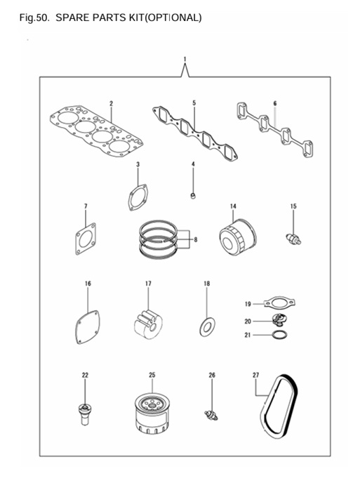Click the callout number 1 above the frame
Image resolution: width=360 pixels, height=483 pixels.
pyautogui.click(x=185, y=60)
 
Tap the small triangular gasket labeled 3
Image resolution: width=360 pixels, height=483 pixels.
pyautogui.click(x=138, y=196)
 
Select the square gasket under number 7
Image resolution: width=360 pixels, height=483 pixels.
pyautogui.click(x=85, y=238)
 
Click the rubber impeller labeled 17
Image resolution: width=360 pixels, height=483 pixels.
pyautogui.click(x=148, y=322)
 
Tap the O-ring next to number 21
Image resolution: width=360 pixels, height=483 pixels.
pyautogui.click(x=279, y=336)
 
